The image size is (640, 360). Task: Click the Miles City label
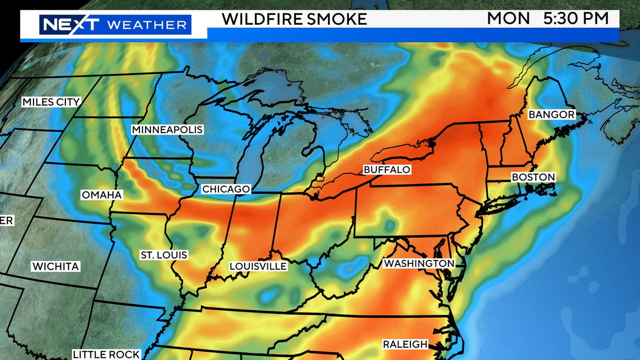pyautogui.click(x=51, y=102)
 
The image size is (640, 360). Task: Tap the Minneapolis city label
pyautogui.click(x=167, y=129)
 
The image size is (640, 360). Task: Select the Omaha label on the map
pyautogui.click(x=102, y=195)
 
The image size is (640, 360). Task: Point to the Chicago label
pyautogui.click(x=226, y=189)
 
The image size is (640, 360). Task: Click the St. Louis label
pyautogui.click(x=164, y=255)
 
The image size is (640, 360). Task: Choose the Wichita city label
pyautogui.click(x=56, y=267)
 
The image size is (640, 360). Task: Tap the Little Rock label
pyautogui.click(x=106, y=354)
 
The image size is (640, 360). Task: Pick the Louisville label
pyautogui.click(x=258, y=266)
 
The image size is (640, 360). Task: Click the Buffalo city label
pyautogui.click(x=387, y=169)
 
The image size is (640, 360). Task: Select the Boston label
pyautogui.click(x=533, y=177)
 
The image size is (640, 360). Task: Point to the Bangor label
pyautogui.click(x=551, y=114)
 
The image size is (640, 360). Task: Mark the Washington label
pyautogui.click(x=419, y=263)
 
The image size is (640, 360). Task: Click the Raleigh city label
pyautogui.click(x=405, y=344)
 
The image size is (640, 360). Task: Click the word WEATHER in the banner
pyautogui.click(x=147, y=25)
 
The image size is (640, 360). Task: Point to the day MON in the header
pyautogui.click(x=508, y=19)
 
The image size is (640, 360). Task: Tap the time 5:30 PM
pyautogui.click(x=577, y=19)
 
